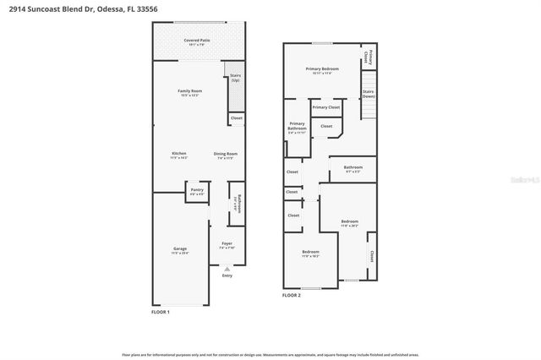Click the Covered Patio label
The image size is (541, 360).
(197, 41)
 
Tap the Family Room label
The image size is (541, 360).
(189, 92)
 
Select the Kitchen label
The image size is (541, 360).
(178, 155)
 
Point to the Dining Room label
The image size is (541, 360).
(226, 155)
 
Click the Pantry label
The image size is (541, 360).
(197, 191)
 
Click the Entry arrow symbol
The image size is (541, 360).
(227, 269)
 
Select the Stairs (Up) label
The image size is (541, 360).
(236, 78)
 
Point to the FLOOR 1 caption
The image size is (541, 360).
(161, 313)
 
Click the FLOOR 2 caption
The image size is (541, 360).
(292, 296)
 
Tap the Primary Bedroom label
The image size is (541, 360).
(322, 70)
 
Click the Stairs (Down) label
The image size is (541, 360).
(368, 93)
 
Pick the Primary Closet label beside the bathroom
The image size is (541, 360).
(325, 107)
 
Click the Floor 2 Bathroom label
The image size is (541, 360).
(352, 168)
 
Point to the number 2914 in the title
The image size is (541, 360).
(15, 9)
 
